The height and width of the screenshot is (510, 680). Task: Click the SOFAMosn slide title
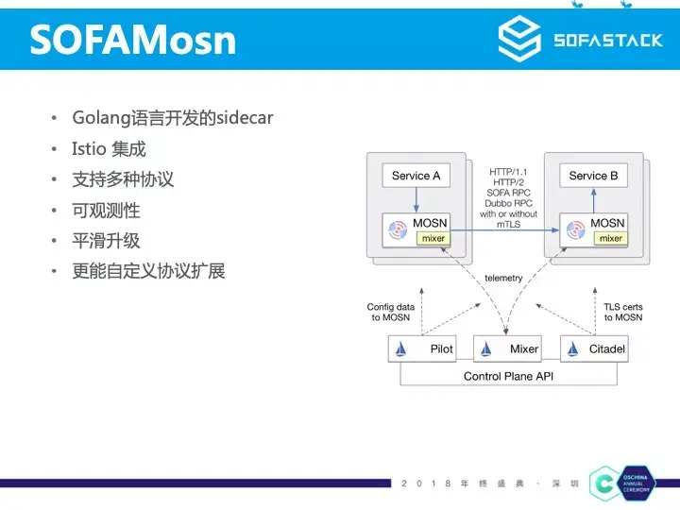[133, 40]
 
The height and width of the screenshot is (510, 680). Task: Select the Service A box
[416, 176]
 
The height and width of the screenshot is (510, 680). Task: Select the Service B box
[593, 176]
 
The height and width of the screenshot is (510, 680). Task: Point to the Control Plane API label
[507, 376]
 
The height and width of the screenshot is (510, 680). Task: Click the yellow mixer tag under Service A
[433, 238]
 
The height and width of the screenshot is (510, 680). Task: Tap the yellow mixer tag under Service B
[611, 238]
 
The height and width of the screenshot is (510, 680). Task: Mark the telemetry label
[503, 279]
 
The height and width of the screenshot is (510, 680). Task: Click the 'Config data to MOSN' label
[391, 312]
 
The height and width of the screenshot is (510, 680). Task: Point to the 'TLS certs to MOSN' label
[623, 312]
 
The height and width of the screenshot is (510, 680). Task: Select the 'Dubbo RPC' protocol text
[508, 203]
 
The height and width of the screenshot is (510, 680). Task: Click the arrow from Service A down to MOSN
[416, 199]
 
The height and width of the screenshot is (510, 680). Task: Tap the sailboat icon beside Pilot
[401, 349]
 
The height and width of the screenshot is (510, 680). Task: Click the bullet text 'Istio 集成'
[109, 148]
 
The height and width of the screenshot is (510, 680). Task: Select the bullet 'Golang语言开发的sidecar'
[173, 118]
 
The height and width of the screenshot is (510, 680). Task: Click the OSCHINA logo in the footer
[605, 484]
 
